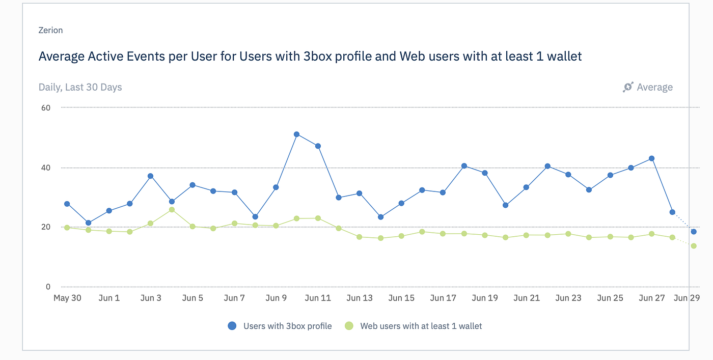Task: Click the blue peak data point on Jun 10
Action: pos(296,134)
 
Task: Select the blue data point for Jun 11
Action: pos(318,146)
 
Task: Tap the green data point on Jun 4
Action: pos(172,210)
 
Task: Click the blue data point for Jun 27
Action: pos(651,158)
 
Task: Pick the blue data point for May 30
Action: pos(67,204)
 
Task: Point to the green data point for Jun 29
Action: pos(694,246)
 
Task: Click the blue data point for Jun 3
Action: pos(150,176)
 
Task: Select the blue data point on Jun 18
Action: pos(464,166)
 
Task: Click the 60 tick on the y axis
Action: pos(46,107)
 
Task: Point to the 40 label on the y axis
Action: pos(46,168)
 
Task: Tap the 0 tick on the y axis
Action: pos(48,287)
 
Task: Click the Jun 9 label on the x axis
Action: pos(276,298)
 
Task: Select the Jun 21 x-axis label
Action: pos(527,298)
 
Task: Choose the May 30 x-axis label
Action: pos(67,298)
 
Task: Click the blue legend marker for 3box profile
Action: pos(232,326)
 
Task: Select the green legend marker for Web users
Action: pos(349,326)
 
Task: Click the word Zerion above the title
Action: pos(50,31)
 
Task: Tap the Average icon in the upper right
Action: pos(628,87)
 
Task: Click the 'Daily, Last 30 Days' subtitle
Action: pos(80,87)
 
